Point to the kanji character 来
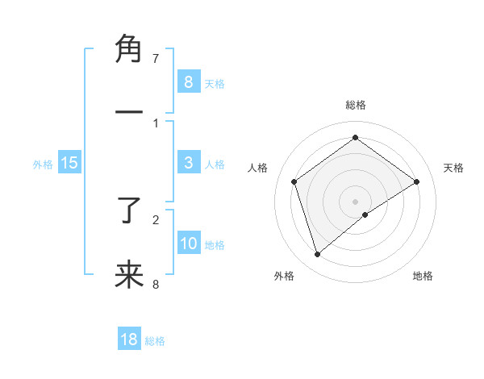click(x=129, y=274)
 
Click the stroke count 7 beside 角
click(x=156, y=58)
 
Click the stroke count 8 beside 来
click(x=156, y=284)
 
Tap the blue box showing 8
click(x=188, y=81)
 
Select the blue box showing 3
click(x=188, y=163)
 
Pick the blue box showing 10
click(x=188, y=243)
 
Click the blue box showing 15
click(x=69, y=163)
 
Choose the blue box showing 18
click(x=129, y=339)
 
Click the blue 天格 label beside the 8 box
click(x=215, y=83)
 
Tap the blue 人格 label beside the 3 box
click(x=215, y=165)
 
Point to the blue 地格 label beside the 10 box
click(x=215, y=244)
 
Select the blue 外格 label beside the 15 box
click(x=43, y=165)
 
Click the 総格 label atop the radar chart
click(x=355, y=105)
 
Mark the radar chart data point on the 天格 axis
click(x=416, y=181)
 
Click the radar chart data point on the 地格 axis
click(x=365, y=214)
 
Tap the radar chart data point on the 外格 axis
click(x=317, y=255)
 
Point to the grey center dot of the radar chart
click(x=355, y=201)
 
